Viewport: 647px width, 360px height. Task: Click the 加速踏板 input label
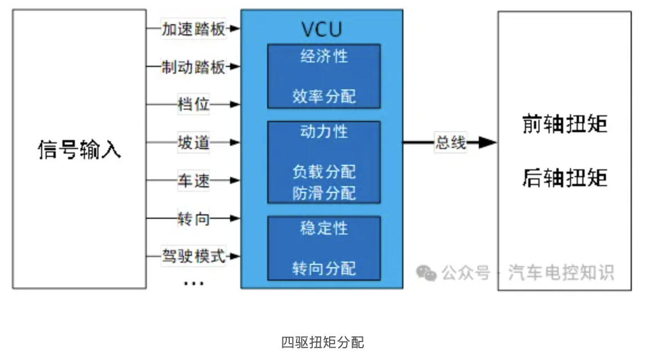[x=193, y=29]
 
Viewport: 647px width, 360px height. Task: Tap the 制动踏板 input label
[x=193, y=67]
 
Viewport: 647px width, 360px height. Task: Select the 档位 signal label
[x=193, y=105]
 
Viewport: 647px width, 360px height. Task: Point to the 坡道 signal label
[x=193, y=142]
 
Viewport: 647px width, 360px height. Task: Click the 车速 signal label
[x=193, y=181]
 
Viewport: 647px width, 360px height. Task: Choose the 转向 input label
[x=193, y=218]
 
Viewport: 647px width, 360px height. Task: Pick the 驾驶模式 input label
[x=193, y=256]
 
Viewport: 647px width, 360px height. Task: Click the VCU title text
[x=321, y=29]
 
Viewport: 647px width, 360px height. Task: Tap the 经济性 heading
[x=323, y=57]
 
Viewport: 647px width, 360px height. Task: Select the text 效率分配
[x=323, y=96]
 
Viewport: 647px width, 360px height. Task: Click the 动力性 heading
[x=323, y=132]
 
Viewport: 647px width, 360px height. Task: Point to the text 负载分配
[x=323, y=171]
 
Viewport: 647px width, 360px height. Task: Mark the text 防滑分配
[x=323, y=193]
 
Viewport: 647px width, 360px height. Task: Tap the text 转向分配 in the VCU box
[x=323, y=268]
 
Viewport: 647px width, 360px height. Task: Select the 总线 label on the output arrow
[x=451, y=143]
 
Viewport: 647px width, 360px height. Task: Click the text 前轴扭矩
[x=564, y=124]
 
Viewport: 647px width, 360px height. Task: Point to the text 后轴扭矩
[x=564, y=178]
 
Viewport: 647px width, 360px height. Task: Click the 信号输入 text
[x=79, y=150]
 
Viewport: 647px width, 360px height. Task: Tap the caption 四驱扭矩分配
[x=322, y=342]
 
